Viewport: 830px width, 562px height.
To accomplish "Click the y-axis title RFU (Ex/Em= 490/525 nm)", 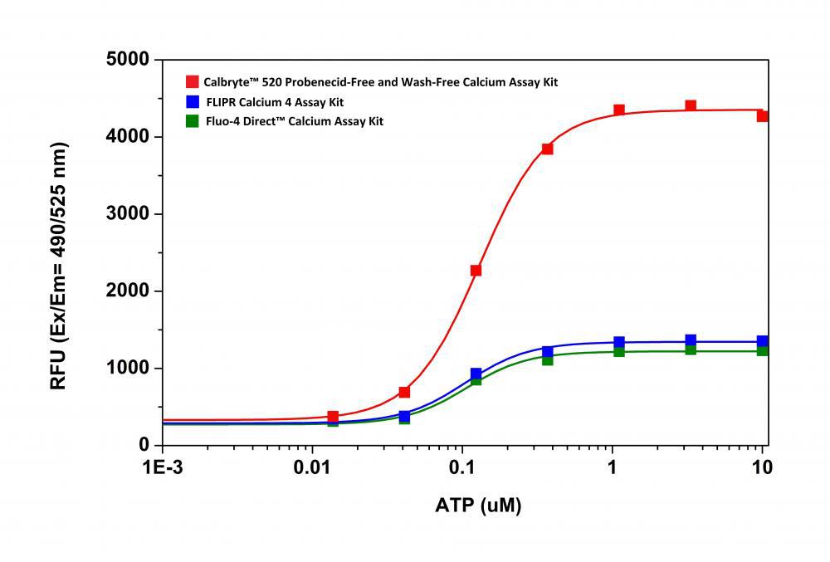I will point(59,266).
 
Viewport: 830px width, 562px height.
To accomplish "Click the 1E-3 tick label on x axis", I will point(164,467).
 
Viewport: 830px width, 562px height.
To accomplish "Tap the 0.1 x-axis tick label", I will point(462,467).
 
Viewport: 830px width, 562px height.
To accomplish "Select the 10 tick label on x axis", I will point(761,467).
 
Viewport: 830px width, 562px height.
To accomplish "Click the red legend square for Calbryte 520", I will point(192,82).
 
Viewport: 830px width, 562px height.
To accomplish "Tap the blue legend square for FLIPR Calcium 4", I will point(192,102).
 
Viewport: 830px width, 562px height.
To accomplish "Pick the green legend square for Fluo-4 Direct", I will point(192,121).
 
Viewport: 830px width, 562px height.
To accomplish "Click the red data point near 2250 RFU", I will point(476,271).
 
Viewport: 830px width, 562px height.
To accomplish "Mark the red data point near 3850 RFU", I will point(547,149).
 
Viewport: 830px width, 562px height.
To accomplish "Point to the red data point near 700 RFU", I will point(404,392).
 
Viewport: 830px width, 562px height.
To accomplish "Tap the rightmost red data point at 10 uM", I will point(762,116).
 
